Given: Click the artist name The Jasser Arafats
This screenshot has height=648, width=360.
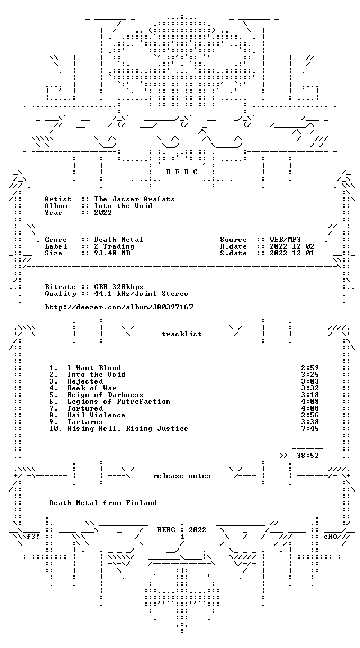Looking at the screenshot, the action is point(134,199).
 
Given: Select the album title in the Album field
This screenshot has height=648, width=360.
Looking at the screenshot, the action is point(123,206).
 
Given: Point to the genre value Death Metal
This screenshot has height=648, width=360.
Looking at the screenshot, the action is point(119,240).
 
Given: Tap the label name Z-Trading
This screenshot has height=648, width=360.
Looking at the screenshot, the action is point(114,246).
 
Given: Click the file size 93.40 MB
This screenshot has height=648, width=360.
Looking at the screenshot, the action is point(112,253).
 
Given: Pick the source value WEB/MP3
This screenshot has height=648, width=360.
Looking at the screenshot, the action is point(285,240).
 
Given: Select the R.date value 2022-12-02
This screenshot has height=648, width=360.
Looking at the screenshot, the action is point(292,246).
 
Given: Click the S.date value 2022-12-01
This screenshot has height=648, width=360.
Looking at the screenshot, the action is point(292,253).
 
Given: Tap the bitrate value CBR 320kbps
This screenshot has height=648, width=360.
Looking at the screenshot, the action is point(119,287).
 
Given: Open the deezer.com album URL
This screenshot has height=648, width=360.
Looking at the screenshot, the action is point(119,307).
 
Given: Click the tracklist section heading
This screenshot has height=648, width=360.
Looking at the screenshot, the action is point(182,334).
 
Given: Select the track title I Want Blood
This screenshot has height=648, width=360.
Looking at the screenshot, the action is point(94,368).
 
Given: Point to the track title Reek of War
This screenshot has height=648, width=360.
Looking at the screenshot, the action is point(92,388).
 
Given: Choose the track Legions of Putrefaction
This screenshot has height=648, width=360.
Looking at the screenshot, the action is point(119,402).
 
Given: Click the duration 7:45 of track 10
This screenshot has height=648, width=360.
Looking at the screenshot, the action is point(310,429).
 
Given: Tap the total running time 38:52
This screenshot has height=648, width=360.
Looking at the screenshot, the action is point(308,456).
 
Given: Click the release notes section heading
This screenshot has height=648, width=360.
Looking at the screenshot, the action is point(182,476).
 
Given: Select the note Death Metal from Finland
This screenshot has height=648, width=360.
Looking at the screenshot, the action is point(103,503).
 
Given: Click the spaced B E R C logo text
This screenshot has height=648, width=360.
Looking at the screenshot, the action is point(182,172).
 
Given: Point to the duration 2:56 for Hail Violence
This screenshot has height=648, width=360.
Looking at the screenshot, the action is point(310,415).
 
